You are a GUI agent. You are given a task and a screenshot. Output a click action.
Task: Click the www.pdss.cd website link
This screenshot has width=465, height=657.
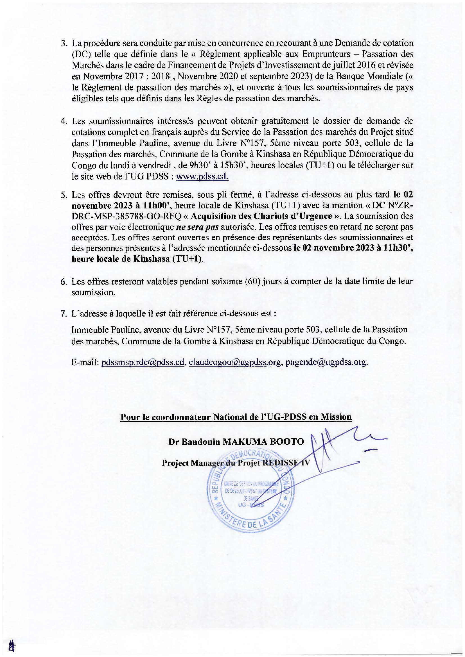[x=202, y=177]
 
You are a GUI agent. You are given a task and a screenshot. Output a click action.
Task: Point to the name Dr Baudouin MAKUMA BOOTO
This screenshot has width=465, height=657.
[x=236, y=442]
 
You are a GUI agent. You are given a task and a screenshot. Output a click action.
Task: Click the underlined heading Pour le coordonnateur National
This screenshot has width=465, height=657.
[x=236, y=417]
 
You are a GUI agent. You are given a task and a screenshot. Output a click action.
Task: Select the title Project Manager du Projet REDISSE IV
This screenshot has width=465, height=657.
[x=236, y=463]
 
